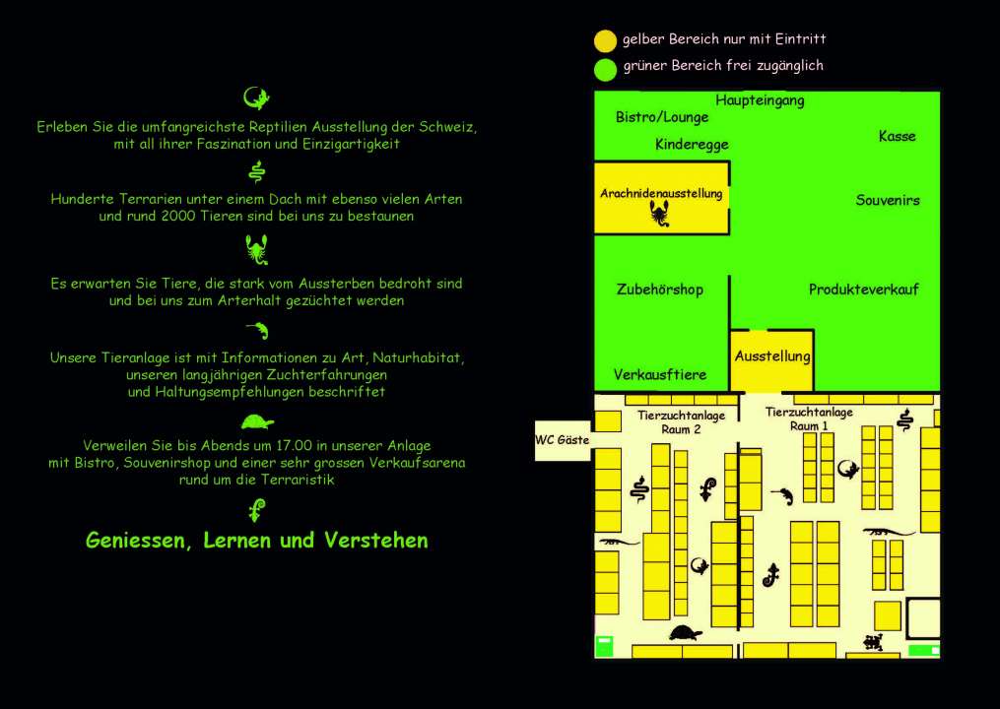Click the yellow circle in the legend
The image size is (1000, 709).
[x=605, y=40]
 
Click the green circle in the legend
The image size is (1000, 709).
[x=605, y=69]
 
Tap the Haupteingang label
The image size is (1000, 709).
[x=760, y=100]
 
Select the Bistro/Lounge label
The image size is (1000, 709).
[x=662, y=117]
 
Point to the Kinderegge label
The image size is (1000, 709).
[x=692, y=145]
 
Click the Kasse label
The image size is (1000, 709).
[x=897, y=136]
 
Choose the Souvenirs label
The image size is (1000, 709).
[x=888, y=200]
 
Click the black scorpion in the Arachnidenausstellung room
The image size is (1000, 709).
[x=659, y=214]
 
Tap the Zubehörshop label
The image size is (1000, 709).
[x=660, y=290]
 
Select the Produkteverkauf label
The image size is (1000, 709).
[x=863, y=290]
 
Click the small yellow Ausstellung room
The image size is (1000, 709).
[x=771, y=360]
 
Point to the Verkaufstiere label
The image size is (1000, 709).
[x=660, y=375]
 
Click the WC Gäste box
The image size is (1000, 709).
[x=563, y=440]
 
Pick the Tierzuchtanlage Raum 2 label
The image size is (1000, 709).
[x=681, y=422]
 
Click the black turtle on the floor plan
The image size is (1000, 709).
[x=686, y=633]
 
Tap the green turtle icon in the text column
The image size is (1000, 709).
[x=258, y=422]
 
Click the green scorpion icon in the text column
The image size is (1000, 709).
[x=257, y=250]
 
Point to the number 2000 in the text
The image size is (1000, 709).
[x=178, y=216]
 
